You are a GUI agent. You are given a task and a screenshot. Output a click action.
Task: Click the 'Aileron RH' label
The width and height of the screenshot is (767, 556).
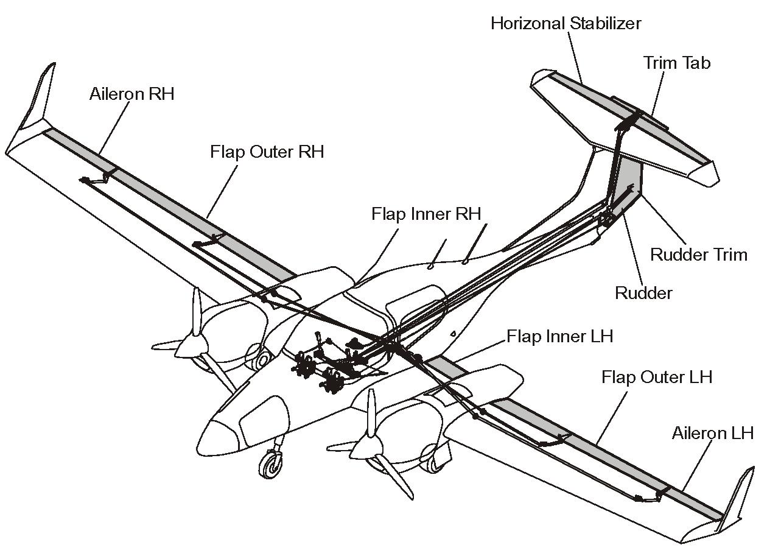coord(131,94)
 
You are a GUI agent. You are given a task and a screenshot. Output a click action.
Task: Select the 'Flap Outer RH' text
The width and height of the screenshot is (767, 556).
coord(267,151)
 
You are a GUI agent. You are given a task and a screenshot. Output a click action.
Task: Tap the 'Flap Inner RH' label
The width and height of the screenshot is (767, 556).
coord(426,214)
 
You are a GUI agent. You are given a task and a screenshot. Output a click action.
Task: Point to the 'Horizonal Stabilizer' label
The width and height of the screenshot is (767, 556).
coord(566,24)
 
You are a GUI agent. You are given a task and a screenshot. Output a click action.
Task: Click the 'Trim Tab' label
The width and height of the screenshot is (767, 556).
coord(677,63)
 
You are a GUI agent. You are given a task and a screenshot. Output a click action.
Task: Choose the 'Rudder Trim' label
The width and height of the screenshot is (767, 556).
coord(698,254)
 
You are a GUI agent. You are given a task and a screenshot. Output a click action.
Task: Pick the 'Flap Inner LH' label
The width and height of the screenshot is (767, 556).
coord(559,336)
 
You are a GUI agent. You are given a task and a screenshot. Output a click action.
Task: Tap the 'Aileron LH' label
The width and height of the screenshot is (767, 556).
coord(712,433)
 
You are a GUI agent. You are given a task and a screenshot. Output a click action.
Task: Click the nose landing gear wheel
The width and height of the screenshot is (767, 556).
coord(268,468)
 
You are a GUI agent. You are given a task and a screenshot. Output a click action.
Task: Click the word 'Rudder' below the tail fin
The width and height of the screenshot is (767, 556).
coord(643,293)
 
